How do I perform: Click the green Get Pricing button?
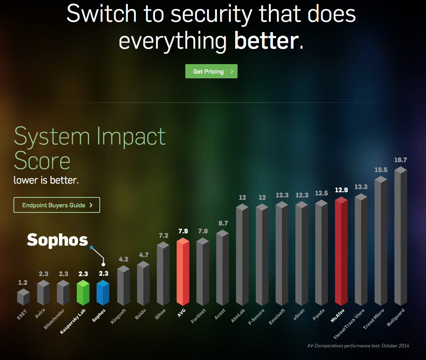[211, 71]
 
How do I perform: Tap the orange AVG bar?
[183, 273]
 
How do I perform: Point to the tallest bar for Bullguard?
[401, 237]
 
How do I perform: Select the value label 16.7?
[401, 160]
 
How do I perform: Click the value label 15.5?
[381, 170]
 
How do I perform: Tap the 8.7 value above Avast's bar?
[223, 224]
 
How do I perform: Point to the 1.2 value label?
[23, 283]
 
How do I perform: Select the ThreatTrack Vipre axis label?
[349, 324]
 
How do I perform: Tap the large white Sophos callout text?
[57, 240]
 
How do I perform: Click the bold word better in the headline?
[266, 41]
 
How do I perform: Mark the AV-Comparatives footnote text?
[358, 346]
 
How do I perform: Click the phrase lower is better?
[46, 180]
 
